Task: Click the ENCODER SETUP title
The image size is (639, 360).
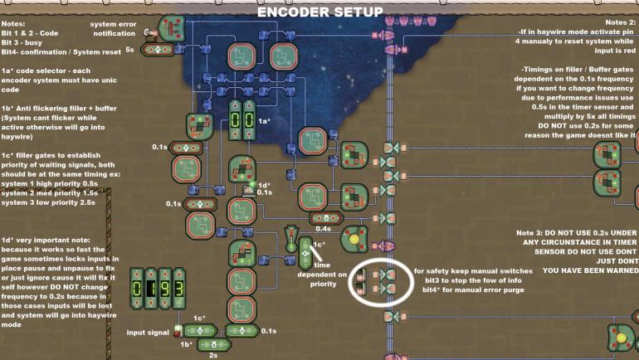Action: [x=319, y=12]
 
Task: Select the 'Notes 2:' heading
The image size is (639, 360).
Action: [x=617, y=22]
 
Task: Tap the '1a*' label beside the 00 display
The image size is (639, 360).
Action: [x=265, y=121]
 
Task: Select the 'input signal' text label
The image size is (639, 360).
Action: [x=148, y=333]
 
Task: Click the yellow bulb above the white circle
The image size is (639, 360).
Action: [x=353, y=238]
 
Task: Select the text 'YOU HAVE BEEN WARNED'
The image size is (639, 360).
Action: [x=590, y=270]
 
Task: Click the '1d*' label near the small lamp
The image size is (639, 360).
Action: [x=264, y=185]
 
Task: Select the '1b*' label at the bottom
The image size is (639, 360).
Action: [x=186, y=343]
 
